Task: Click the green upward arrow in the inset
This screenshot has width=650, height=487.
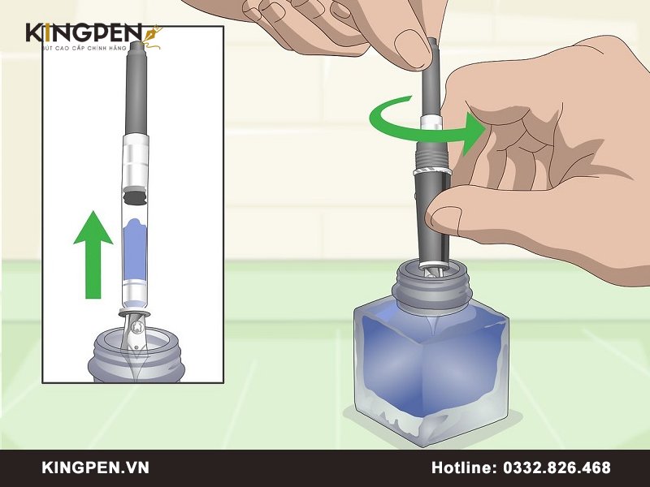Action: coord(93,255)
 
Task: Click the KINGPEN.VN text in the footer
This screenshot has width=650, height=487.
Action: coord(95,468)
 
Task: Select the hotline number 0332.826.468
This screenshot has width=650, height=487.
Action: coord(557,468)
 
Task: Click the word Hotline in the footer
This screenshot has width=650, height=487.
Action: coord(464,468)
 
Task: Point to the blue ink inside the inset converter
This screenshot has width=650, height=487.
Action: coord(136,250)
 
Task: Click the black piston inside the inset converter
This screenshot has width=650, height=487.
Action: coord(135,196)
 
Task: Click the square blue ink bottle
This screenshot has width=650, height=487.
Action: coord(431,364)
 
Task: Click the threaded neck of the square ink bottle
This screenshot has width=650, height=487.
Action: coord(432,285)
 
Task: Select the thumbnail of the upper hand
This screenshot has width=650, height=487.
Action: coord(412,46)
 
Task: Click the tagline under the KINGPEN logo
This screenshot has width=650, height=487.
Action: coord(84,48)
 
